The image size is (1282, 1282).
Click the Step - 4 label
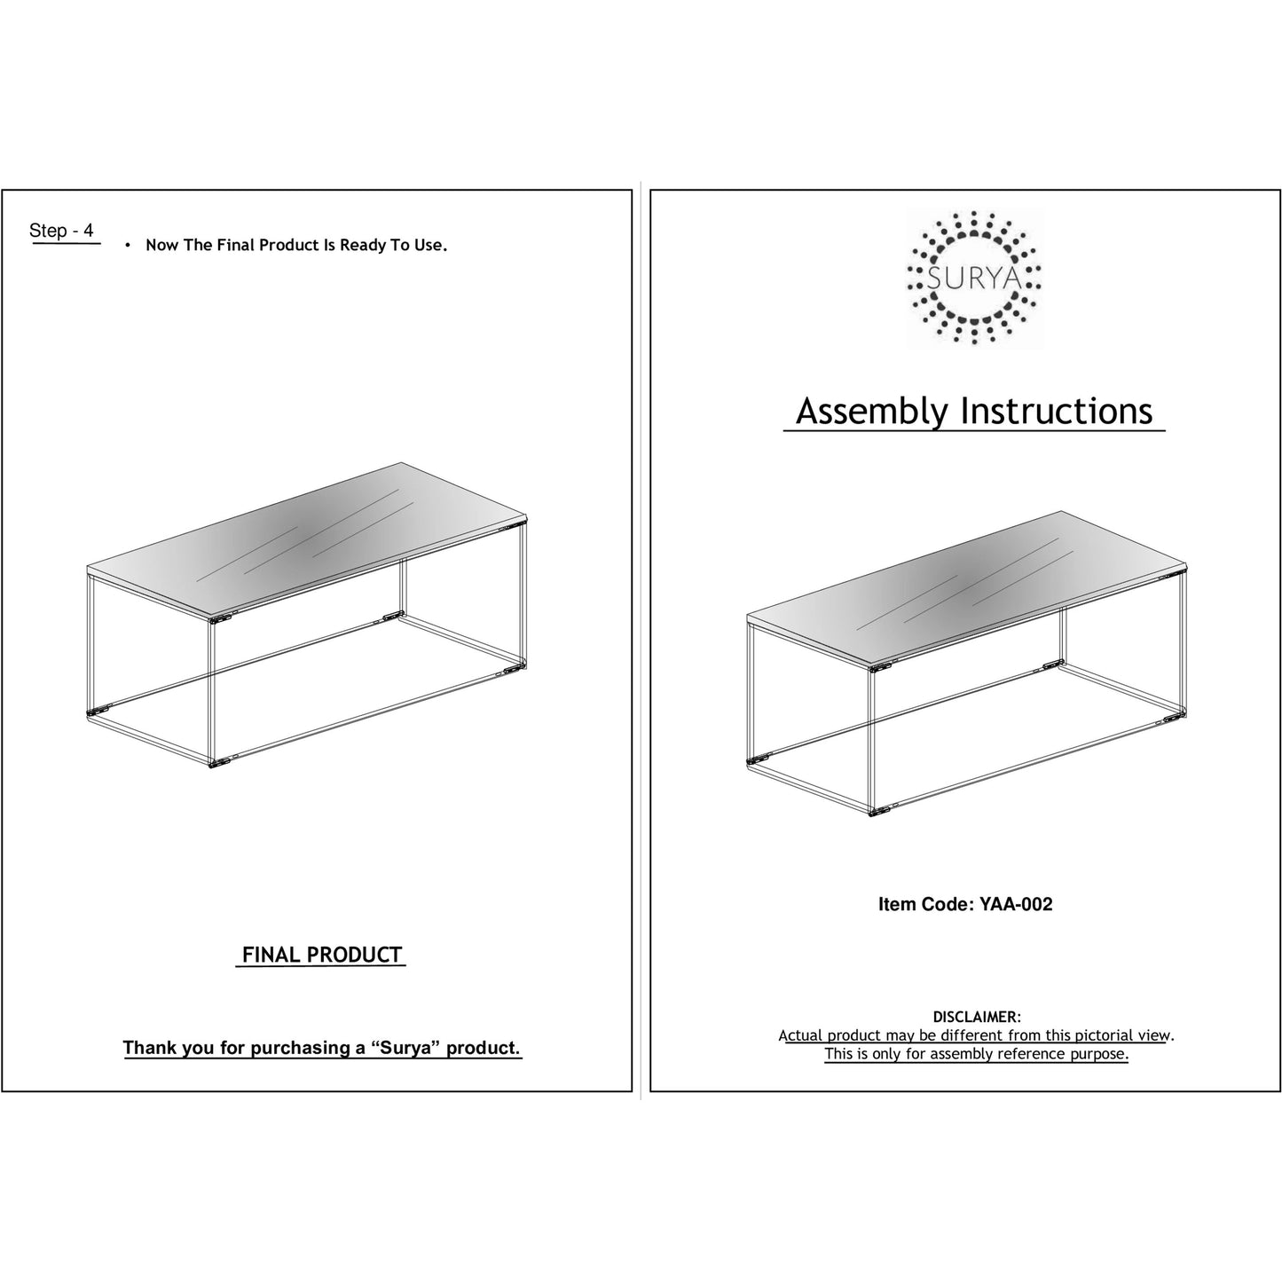61,231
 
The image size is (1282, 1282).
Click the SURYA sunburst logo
973,278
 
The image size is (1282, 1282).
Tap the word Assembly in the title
871,411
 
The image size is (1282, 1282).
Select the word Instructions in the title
1057,411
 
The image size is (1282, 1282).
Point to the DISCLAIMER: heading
976,1017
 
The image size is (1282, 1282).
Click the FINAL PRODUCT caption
322,955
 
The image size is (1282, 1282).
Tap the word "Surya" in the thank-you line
406,1048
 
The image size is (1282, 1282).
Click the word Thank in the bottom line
150,1048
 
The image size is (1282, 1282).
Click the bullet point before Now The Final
128,245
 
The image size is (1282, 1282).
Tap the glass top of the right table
967,587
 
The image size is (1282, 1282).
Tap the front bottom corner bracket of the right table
878,811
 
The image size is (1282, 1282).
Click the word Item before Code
898,904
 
